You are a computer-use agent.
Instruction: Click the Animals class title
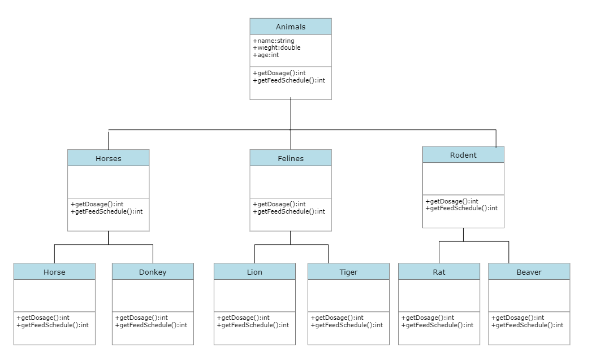click(x=291, y=27)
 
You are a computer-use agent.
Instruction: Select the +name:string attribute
click(x=274, y=41)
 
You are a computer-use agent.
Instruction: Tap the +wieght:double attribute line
click(x=277, y=47)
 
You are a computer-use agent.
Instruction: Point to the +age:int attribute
click(x=266, y=55)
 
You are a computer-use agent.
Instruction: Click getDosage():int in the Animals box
click(x=279, y=73)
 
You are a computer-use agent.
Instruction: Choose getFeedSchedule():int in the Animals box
click(x=289, y=80)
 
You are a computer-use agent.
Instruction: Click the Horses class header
click(x=108, y=158)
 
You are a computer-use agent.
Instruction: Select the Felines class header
click(x=291, y=158)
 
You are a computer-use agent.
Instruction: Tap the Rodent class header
click(x=463, y=155)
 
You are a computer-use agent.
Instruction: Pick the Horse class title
click(x=54, y=272)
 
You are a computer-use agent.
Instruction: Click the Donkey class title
click(x=153, y=272)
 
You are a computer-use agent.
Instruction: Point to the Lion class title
click(x=254, y=272)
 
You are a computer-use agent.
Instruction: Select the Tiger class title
click(x=348, y=272)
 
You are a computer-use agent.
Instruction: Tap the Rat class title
click(x=439, y=272)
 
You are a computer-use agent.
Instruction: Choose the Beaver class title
click(x=529, y=272)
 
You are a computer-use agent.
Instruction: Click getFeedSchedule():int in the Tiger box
click(x=347, y=325)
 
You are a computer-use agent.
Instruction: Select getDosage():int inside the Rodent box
click(x=452, y=201)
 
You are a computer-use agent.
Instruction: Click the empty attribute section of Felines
click(x=291, y=181)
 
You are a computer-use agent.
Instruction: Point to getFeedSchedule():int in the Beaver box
click(x=527, y=325)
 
